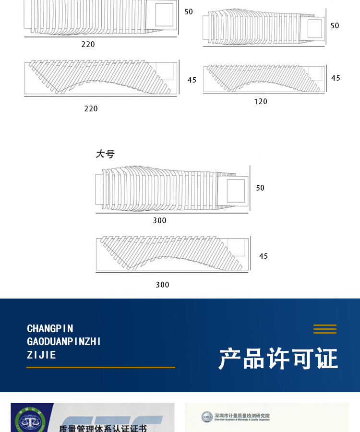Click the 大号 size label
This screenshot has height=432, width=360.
[105, 154]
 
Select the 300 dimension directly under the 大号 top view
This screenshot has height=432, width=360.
[159, 220]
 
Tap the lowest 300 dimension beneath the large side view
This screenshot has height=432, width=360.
[162, 285]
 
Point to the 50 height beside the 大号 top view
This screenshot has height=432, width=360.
[260, 188]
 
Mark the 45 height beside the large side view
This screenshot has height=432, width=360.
[264, 256]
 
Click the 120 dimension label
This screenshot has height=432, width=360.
[261, 101]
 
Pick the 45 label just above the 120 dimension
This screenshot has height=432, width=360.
[336, 78]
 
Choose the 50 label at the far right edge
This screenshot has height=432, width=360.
[335, 25]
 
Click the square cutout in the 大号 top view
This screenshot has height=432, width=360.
[236, 191]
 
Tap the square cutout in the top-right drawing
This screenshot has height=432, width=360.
[314, 28]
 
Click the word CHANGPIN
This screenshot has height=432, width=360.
[50, 329]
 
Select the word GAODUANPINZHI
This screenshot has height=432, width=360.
[64, 342]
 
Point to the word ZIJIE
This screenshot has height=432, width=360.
[41, 355]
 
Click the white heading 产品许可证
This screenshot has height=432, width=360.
[278, 359]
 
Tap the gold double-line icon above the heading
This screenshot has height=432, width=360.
[325, 329]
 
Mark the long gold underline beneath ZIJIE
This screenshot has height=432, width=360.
[101, 367]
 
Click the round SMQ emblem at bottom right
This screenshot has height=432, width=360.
[207, 417]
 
